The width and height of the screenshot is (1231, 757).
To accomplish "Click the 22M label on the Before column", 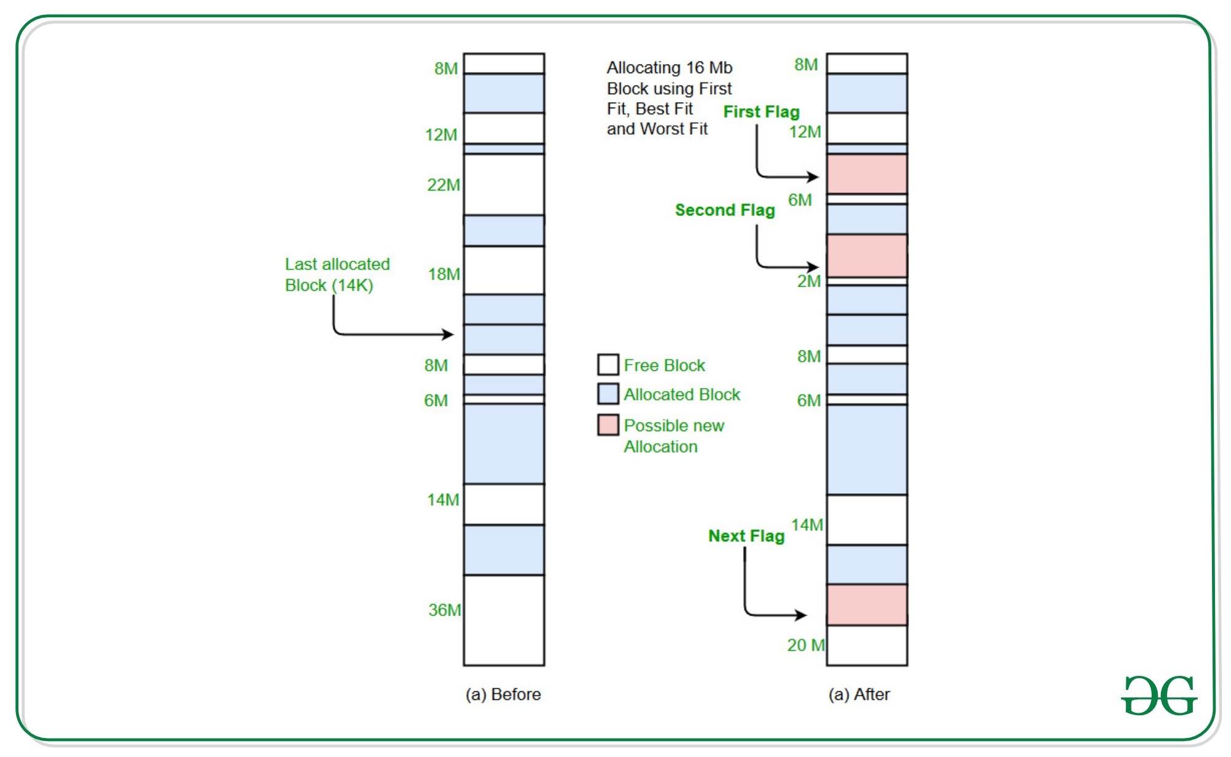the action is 443,184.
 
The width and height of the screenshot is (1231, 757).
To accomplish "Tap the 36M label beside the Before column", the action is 444,609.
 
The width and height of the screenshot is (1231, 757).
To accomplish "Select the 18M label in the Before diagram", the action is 444,274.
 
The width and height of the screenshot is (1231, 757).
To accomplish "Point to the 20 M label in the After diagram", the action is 806,644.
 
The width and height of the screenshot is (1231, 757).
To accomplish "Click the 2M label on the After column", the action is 808,281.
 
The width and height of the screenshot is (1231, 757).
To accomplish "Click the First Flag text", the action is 761,111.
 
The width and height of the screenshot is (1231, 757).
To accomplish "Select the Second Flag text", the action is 725,210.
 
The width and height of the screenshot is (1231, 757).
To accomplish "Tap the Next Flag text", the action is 746,536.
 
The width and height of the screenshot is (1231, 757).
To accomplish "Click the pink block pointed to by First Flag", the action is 867,174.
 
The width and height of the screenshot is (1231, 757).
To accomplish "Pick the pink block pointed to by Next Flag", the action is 867,604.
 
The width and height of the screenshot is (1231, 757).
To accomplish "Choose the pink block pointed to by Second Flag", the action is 867,256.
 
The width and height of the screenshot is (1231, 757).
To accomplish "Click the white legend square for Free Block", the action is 608,364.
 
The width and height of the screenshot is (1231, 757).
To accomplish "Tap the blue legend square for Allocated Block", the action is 608,394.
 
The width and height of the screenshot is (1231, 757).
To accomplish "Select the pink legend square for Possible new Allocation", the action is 608,425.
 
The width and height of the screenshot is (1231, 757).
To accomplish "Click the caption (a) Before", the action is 503,694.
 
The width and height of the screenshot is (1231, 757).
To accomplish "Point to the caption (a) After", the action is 859,694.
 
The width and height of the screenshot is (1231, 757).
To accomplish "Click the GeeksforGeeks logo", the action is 1159,695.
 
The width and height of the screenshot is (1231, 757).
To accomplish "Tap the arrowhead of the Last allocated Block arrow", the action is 449,335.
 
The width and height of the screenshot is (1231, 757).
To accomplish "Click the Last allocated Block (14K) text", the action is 337,274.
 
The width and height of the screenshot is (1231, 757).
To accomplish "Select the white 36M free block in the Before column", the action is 504,620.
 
